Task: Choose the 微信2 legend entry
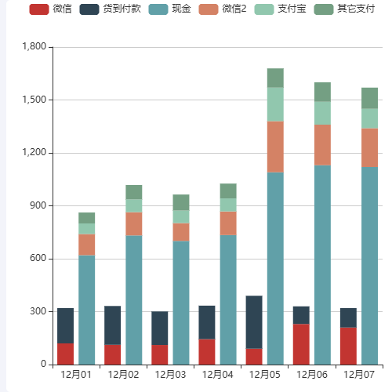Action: pos(223,9)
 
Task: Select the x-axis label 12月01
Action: pos(76,375)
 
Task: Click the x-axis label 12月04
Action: pos(217,375)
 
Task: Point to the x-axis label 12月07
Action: pos(358,375)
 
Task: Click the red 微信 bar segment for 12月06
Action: pos(301,344)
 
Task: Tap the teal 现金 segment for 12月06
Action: pos(322,264)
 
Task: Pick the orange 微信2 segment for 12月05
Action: pos(275,147)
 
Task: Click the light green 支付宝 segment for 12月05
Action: pos(275,104)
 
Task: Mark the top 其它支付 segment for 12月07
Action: pos(369,98)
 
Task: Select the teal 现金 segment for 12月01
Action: pos(86,310)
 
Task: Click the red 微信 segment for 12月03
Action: pos(160,354)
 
